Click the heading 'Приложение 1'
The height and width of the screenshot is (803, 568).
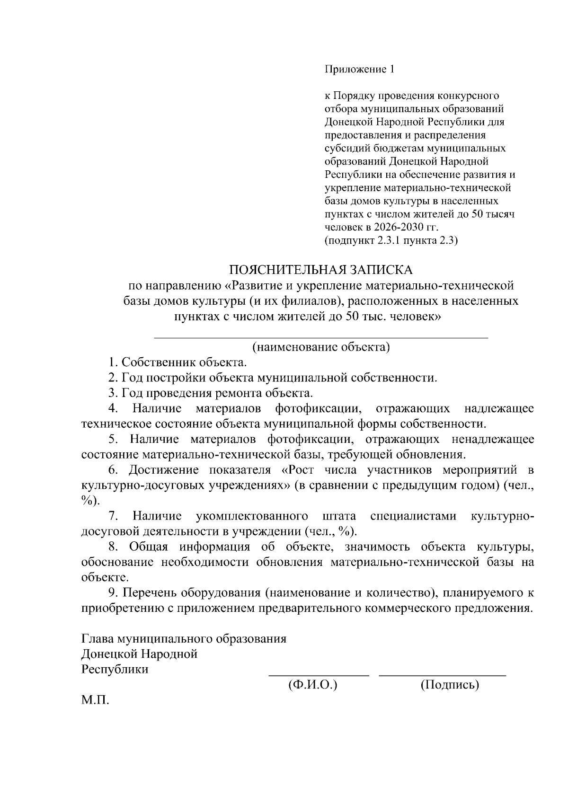(x=359, y=70)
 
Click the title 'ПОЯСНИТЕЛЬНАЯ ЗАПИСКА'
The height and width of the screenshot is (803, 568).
(x=321, y=270)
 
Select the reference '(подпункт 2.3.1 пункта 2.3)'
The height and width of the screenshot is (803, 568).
(x=391, y=240)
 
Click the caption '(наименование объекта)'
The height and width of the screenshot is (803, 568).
(x=321, y=347)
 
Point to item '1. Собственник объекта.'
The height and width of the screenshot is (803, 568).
(x=177, y=363)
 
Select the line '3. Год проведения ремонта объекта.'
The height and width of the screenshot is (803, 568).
(x=211, y=393)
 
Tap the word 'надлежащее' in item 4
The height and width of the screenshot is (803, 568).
(x=499, y=408)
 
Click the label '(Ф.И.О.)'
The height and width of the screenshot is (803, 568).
(x=312, y=685)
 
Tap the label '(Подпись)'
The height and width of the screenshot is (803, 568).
(x=450, y=685)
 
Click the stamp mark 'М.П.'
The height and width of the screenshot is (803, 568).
(x=95, y=700)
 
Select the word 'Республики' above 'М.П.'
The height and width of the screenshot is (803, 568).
(x=115, y=670)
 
